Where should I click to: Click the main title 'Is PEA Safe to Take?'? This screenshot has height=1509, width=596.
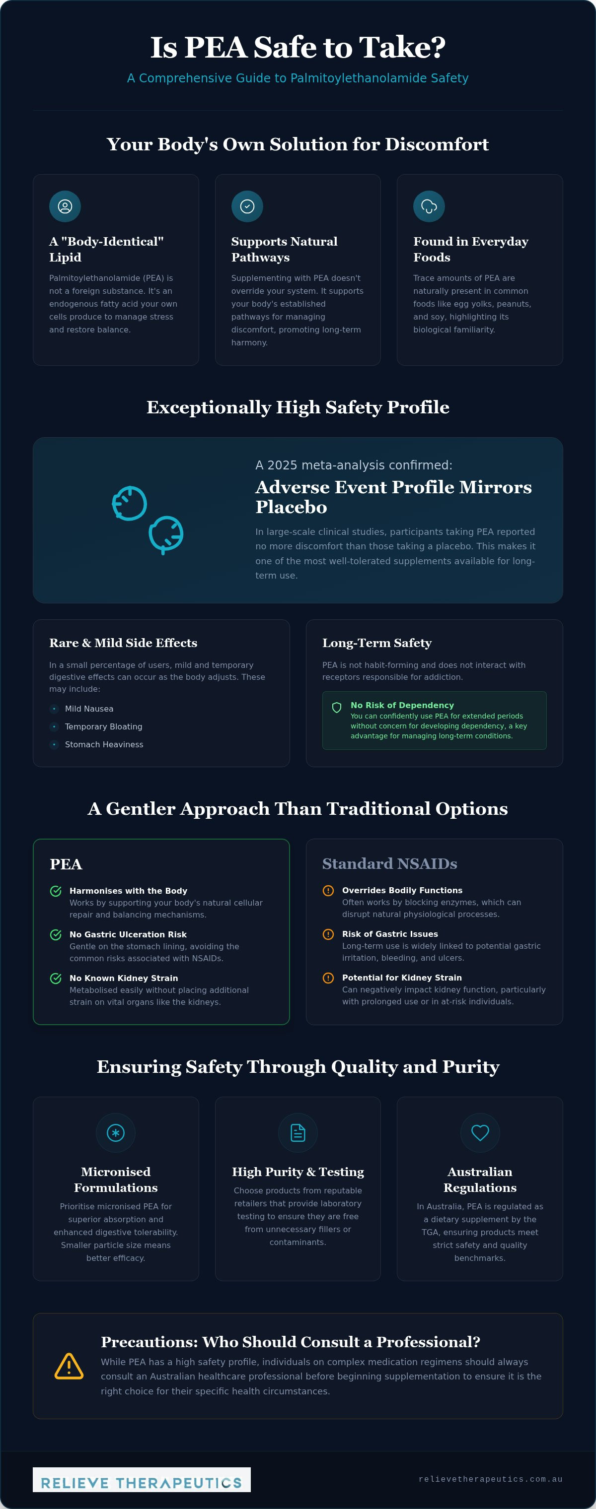pyautogui.click(x=298, y=48)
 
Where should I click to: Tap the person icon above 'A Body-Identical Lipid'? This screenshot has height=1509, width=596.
pyautogui.click(x=65, y=206)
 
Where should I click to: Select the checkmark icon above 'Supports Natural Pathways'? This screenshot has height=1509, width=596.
pyautogui.click(x=247, y=206)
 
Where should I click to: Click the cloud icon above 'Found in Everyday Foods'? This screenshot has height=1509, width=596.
pyautogui.click(x=429, y=206)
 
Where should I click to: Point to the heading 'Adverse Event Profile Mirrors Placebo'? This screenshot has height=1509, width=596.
pyautogui.click(x=393, y=497)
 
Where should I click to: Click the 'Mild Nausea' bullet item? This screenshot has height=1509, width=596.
pyautogui.click(x=89, y=709)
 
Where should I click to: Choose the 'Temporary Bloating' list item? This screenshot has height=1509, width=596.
pyautogui.click(x=104, y=726)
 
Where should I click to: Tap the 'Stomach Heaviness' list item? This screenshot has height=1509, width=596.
pyautogui.click(x=104, y=744)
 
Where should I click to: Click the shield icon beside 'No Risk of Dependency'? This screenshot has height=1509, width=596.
pyautogui.click(x=337, y=708)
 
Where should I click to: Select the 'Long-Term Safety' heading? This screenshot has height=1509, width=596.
pyautogui.click(x=377, y=643)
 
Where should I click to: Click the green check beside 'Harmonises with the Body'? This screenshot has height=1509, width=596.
pyautogui.click(x=56, y=891)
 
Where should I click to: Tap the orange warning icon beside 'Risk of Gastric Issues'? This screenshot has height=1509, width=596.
pyautogui.click(x=328, y=934)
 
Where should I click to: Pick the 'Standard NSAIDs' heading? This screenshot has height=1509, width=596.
pyautogui.click(x=390, y=863)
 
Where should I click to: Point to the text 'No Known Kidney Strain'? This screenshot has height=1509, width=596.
pyautogui.click(x=124, y=978)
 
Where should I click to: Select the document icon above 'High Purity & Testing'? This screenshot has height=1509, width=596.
pyautogui.click(x=298, y=1133)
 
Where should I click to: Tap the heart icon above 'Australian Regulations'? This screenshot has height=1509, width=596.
pyautogui.click(x=480, y=1133)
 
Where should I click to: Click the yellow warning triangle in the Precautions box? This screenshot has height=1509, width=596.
pyautogui.click(x=69, y=1367)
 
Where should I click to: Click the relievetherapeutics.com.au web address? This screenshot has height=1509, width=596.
pyautogui.click(x=491, y=1480)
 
